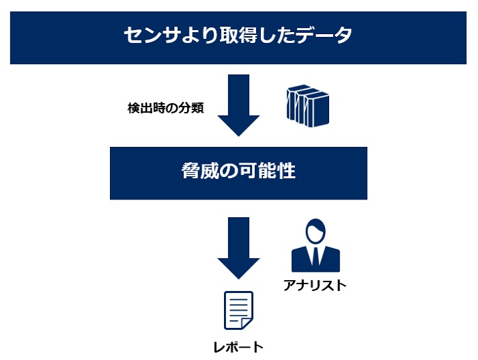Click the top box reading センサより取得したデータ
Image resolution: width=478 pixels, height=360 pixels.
[x=238, y=34]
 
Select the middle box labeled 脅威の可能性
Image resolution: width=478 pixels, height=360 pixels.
[x=238, y=173]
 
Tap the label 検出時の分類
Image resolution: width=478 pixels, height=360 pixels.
[x=165, y=108]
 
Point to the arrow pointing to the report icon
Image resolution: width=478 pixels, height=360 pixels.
[x=238, y=247]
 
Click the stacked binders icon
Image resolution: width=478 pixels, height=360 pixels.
[x=307, y=107]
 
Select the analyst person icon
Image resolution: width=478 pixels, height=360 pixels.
[x=315, y=245]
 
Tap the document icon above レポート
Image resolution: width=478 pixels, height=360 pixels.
[x=238, y=311]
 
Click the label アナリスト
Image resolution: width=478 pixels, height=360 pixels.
[x=315, y=285]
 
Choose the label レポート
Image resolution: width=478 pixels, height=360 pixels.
[x=238, y=346]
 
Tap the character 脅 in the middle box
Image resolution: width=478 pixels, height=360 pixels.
[x=191, y=171]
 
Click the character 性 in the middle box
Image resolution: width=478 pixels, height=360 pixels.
[x=286, y=171]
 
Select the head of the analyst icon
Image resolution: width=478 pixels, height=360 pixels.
[x=315, y=230]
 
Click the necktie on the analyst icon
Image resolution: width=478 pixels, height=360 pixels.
[x=315, y=256]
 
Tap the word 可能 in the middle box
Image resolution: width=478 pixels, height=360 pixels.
[x=256, y=171]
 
